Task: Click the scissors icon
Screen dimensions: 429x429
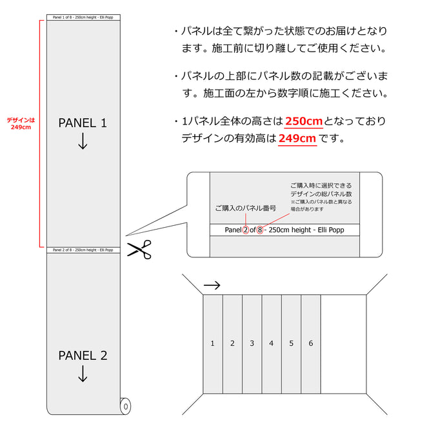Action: (138, 249)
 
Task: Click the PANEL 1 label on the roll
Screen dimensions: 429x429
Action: (83, 123)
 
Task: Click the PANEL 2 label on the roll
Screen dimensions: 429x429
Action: (83, 355)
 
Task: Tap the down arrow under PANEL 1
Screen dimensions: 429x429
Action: (83, 143)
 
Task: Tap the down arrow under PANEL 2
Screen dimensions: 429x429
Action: (83, 374)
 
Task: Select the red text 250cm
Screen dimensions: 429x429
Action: (303, 121)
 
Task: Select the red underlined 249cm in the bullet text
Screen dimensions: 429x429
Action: (297, 138)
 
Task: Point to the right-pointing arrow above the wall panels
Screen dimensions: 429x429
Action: (211, 284)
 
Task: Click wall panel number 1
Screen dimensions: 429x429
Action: (212, 343)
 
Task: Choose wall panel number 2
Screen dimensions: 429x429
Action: (232, 343)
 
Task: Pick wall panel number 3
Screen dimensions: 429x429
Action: (252, 343)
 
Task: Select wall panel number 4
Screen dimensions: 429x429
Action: (272, 343)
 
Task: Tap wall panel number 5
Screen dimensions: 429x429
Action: (291, 343)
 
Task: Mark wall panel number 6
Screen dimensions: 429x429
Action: (311, 343)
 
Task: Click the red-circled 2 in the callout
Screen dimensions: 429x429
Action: (245, 230)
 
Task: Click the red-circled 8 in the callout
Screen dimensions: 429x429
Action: (259, 230)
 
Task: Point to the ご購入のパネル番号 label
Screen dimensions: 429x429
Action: (245, 208)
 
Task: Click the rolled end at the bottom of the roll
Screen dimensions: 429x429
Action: (125, 407)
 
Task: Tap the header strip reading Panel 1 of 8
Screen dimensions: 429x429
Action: (83, 17)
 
